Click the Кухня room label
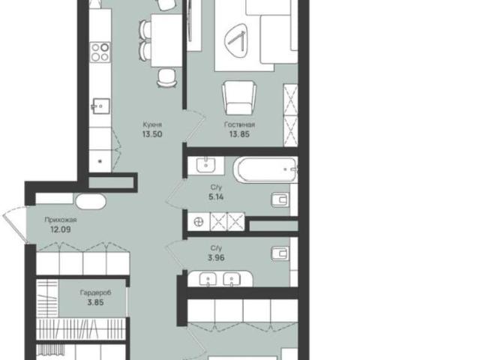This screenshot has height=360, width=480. pos(152,124)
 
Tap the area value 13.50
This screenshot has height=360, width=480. pos(152,134)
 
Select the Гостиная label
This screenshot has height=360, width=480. pos(239,124)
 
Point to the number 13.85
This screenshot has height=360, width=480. pos(239,133)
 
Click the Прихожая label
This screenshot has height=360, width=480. pos(61,220)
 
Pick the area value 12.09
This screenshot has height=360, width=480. pos(61,229)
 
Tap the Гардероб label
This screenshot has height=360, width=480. pos(95,292)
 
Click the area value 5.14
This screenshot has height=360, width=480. pos(216,196)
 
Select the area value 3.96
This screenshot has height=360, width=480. pos(216,257)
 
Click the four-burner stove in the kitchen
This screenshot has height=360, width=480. pos(100,52)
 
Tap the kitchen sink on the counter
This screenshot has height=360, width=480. pos(100,106)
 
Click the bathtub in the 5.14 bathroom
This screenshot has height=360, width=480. pos(265,169)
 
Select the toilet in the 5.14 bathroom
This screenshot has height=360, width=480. pos(280,200)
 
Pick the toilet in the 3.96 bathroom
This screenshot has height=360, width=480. pos(280,253)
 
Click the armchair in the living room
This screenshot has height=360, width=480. pos(239,97)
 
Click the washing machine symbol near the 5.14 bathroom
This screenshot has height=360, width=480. pos(199,221)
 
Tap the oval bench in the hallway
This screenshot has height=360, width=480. pos(91,202)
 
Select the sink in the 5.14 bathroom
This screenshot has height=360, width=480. pos(205,166)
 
